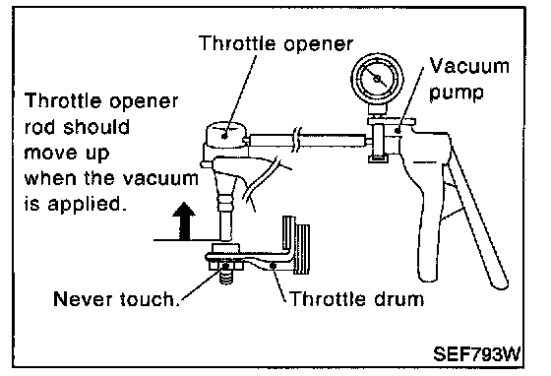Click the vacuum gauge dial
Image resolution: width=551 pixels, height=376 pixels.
point(377,79)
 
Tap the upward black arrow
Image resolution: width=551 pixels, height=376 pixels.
point(184,221)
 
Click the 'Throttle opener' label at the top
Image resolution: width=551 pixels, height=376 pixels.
point(275,43)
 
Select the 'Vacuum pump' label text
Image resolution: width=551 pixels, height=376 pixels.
point(469,79)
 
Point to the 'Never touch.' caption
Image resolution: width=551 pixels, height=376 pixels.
point(115,299)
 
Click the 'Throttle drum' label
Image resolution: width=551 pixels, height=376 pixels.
point(357,299)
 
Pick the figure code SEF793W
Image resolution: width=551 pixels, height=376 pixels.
point(476,354)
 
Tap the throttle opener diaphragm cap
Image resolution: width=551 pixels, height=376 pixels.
point(225,134)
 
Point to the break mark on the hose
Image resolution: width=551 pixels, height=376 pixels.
point(297,140)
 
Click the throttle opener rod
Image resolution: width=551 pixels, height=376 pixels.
point(225,224)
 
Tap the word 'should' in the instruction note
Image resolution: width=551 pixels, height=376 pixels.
point(96,127)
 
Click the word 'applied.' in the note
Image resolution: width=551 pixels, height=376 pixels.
point(87,205)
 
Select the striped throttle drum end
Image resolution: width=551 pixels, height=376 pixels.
point(296,245)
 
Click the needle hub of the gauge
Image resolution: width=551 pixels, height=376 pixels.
point(377,79)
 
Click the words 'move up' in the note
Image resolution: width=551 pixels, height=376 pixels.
point(67,154)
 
